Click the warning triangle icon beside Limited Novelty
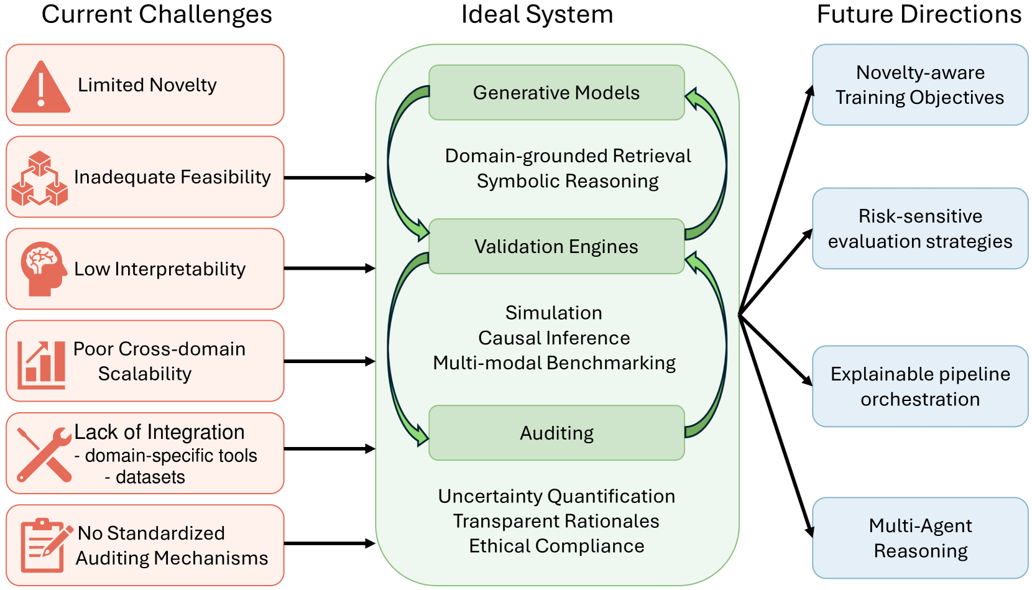tap(40, 88)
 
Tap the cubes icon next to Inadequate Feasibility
tap(40, 178)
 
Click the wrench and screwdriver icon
tap(44, 454)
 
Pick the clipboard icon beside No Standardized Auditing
tap(46, 545)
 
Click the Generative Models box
tap(556, 93)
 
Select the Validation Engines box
tap(556, 246)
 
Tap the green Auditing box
tap(556, 433)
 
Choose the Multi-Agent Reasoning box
tap(920, 538)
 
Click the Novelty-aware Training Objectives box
tap(920, 85)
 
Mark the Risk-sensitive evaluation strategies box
tap(920, 228)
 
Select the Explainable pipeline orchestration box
tap(920, 387)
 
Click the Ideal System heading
tap(537, 15)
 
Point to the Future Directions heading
tap(919, 14)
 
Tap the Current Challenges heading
tap(157, 15)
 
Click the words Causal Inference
tap(554, 338)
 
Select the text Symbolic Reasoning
tap(568, 182)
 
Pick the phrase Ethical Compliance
tap(556, 546)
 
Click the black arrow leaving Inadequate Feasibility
tap(329, 178)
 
